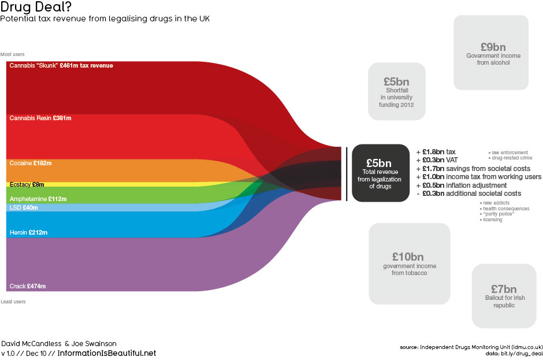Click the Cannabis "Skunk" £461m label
pos(61,66)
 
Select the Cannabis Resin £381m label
pos(40,118)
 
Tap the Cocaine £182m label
pos(31,164)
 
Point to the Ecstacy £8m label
pos(27,185)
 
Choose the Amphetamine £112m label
pos(38,199)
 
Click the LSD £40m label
pos(24,207)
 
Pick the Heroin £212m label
pos(28,232)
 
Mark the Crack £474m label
pos(28,286)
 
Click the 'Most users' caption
pos(13,54)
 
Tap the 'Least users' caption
pos(13,302)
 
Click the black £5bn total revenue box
pos(381,173)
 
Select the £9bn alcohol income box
pos(491,53)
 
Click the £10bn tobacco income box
pos(409,263)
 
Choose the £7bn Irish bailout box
pos(503,295)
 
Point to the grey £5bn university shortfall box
pos(396,91)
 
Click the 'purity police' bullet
pos(497,214)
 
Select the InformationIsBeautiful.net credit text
pos(107,353)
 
